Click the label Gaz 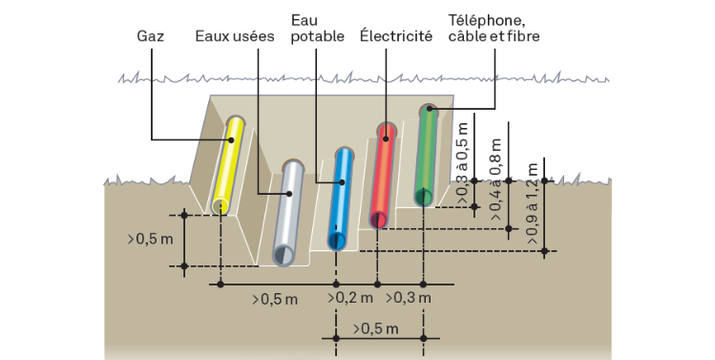pyautogui.click(x=150, y=36)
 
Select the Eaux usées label pyautogui.click(x=235, y=36)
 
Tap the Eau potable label pyautogui.click(x=317, y=29)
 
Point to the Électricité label pyautogui.click(x=396, y=35)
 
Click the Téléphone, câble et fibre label pyautogui.click(x=494, y=29)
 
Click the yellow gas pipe pyautogui.click(x=228, y=164)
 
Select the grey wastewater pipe pyautogui.click(x=288, y=213)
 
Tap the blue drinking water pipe pyautogui.click(x=341, y=199)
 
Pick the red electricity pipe pyautogui.click(x=383, y=175)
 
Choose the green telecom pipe pyautogui.click(x=426, y=155)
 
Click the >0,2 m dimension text pyautogui.click(x=349, y=298)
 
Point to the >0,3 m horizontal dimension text pyautogui.click(x=409, y=298)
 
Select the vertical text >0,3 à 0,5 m pyautogui.click(x=462, y=163)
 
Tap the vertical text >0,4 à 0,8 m pyautogui.click(x=495, y=180)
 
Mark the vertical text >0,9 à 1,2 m pyautogui.click(x=532, y=203)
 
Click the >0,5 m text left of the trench pyautogui.click(x=151, y=239)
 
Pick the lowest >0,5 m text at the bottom pyautogui.click(x=375, y=328)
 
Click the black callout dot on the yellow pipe pyautogui.click(x=231, y=140)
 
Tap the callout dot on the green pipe pyautogui.click(x=429, y=109)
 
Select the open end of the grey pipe pyautogui.click(x=284, y=255)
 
